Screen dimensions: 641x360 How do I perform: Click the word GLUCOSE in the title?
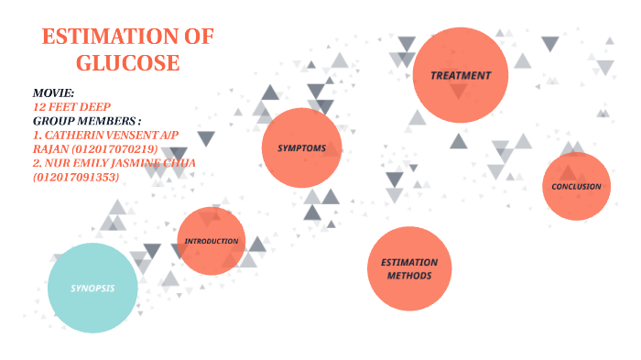click(127, 63)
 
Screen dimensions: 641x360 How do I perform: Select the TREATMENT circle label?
click(462, 75)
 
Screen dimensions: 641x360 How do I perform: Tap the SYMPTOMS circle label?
click(302, 147)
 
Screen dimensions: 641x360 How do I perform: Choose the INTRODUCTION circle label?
click(212, 241)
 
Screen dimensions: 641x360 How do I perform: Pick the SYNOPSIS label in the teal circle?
click(92, 288)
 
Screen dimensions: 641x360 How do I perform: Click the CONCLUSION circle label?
click(576, 187)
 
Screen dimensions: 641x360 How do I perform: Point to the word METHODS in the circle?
click(409, 275)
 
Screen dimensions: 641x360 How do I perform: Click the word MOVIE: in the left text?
click(53, 93)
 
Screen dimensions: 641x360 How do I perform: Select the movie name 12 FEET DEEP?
click(71, 107)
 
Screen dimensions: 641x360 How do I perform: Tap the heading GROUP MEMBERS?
click(87, 121)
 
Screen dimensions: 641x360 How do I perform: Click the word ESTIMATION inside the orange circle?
click(409, 262)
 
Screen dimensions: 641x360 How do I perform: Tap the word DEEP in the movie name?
click(96, 107)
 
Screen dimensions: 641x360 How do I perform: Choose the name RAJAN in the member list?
click(49, 148)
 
